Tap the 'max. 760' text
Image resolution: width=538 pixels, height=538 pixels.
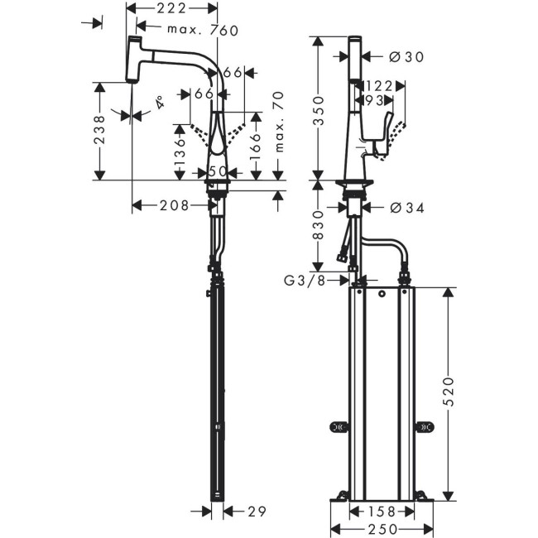pyautogui.click(x=203, y=31)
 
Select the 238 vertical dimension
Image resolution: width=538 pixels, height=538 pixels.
pyautogui.click(x=99, y=131)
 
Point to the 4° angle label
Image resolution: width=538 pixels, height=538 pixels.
pyautogui.click(x=157, y=105)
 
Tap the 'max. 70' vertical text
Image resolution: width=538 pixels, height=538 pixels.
pyautogui.click(x=279, y=122)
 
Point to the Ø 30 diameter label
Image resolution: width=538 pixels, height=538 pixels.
pyautogui.click(x=406, y=56)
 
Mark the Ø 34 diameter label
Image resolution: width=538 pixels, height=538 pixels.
pyautogui.click(x=406, y=208)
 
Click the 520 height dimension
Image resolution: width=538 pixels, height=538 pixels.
pyautogui.click(x=448, y=390)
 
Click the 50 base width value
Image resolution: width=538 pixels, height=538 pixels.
pyautogui.click(x=218, y=171)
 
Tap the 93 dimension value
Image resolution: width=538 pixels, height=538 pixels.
pyautogui.click(x=375, y=100)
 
